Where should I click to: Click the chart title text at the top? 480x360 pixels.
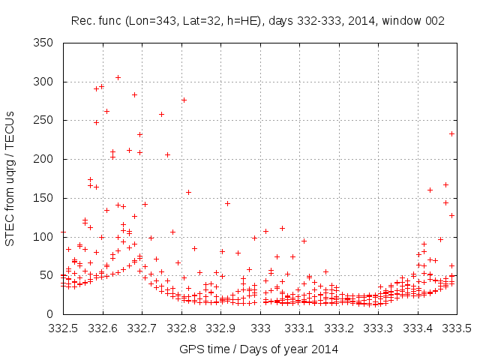257,21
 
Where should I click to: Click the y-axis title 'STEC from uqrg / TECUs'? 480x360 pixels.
10,178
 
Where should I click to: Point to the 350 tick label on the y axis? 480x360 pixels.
43,43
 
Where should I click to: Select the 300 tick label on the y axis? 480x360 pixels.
43,82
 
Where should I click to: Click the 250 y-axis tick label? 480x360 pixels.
43,121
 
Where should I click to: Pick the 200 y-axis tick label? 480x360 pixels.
43,159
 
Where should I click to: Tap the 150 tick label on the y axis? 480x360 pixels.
43,198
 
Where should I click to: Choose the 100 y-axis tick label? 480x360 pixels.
43,237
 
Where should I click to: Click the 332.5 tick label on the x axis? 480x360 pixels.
63,328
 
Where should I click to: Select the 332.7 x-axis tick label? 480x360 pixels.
142,328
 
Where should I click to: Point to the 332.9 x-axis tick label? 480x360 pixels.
220,328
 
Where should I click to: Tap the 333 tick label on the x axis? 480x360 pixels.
260,328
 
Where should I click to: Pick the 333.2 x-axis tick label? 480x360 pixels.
339,328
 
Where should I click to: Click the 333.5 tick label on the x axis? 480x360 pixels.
457,328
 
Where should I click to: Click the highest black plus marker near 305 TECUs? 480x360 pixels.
118,77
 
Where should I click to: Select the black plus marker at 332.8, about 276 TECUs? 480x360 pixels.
184,100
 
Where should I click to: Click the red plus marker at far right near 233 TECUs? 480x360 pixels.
452,133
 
